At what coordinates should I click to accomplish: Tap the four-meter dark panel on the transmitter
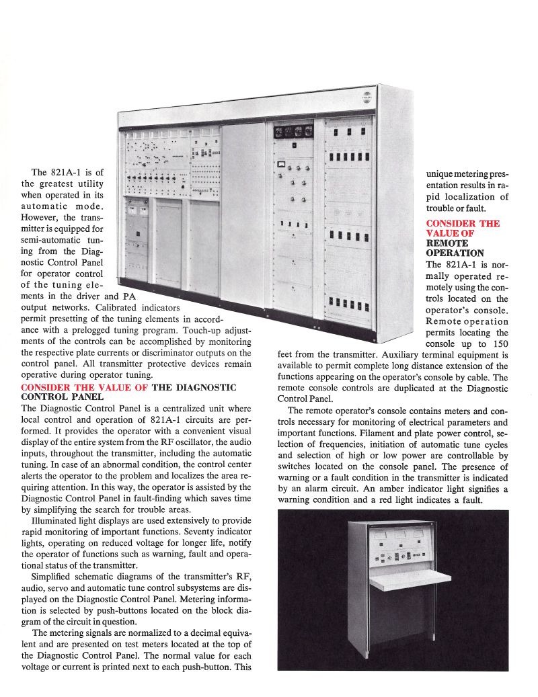293,131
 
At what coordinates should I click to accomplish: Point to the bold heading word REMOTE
447,243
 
